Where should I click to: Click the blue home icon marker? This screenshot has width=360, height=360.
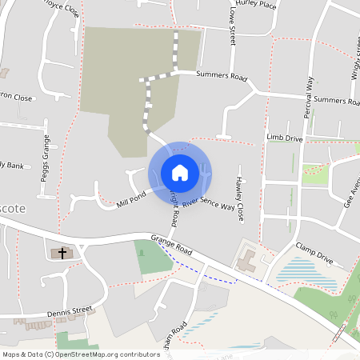(179, 172)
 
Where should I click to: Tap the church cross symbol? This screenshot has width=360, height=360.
(60, 253)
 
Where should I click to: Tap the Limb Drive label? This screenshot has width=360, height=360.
(285, 138)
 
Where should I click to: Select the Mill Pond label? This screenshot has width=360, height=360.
(131, 197)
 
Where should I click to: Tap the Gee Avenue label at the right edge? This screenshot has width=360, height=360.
(349, 192)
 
